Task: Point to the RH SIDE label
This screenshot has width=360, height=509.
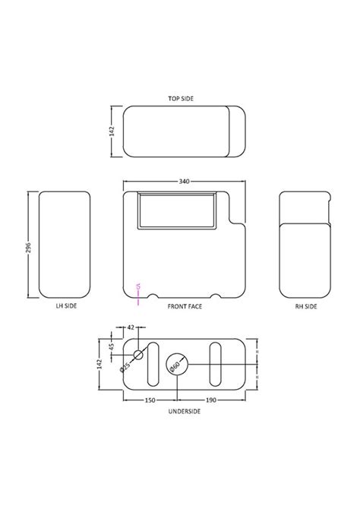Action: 306,306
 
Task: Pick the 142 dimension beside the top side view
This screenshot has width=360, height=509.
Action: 112,130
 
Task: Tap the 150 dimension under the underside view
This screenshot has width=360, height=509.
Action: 150,399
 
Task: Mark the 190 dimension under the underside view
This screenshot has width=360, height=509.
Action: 210,399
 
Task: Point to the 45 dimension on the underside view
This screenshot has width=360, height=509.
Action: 112,349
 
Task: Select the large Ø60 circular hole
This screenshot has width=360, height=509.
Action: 177,365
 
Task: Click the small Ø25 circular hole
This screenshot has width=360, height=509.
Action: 139,355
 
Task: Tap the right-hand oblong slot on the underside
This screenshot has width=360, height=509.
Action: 216,365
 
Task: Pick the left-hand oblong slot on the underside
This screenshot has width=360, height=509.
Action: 153,365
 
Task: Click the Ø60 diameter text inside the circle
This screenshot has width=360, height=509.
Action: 175,366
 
